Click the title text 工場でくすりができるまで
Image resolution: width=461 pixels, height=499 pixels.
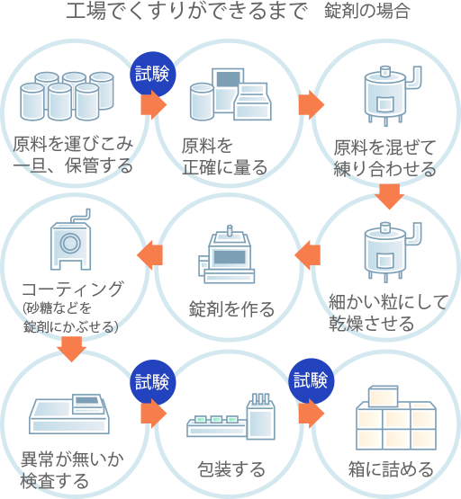[x=187, y=13]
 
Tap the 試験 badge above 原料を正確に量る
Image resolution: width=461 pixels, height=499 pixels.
[x=153, y=73]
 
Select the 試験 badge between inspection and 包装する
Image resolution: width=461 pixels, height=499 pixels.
[x=152, y=381]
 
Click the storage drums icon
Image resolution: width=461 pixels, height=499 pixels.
[x=72, y=93]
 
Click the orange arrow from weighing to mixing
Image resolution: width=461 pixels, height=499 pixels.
[x=312, y=104]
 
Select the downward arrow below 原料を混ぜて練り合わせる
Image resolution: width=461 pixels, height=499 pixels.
[x=388, y=195]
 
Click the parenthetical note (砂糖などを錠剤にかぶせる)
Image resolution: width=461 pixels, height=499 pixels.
[x=71, y=318]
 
